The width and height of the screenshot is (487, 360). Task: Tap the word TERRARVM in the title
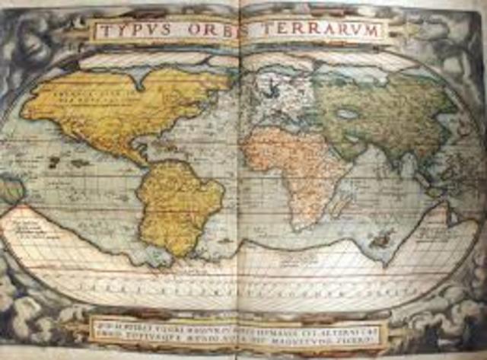coord(324,30)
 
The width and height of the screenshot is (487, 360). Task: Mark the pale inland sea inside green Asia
coord(349,114)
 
